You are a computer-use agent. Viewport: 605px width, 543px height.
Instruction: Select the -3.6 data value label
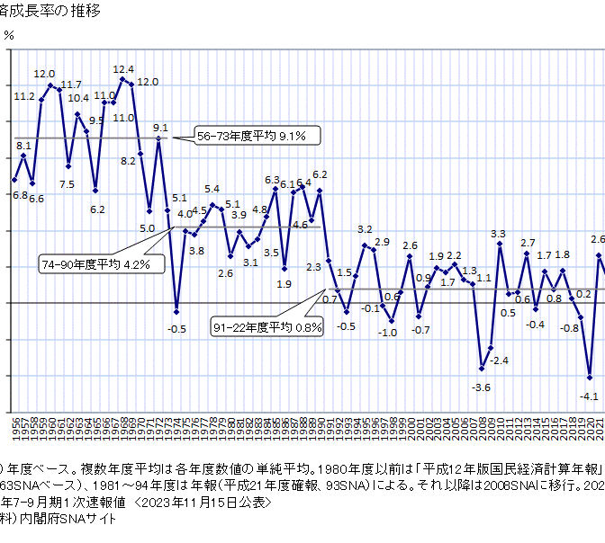[x=482, y=387]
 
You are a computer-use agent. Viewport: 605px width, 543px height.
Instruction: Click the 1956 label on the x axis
[x=15, y=426]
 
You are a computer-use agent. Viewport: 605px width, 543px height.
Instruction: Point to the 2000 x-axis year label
[x=410, y=426]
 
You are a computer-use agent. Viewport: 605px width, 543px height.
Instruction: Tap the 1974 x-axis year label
[x=176, y=426]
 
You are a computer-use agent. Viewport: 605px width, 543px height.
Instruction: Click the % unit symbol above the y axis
[x=9, y=35]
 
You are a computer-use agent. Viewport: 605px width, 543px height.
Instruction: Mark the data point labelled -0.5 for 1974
[x=176, y=311]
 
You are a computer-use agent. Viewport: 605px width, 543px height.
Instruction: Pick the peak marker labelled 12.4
[x=122, y=79]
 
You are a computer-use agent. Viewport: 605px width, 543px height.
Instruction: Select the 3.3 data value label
[x=498, y=235]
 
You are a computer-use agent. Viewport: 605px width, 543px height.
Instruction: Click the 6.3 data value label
[x=272, y=181]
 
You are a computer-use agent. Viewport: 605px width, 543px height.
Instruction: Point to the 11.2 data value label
[x=24, y=96]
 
